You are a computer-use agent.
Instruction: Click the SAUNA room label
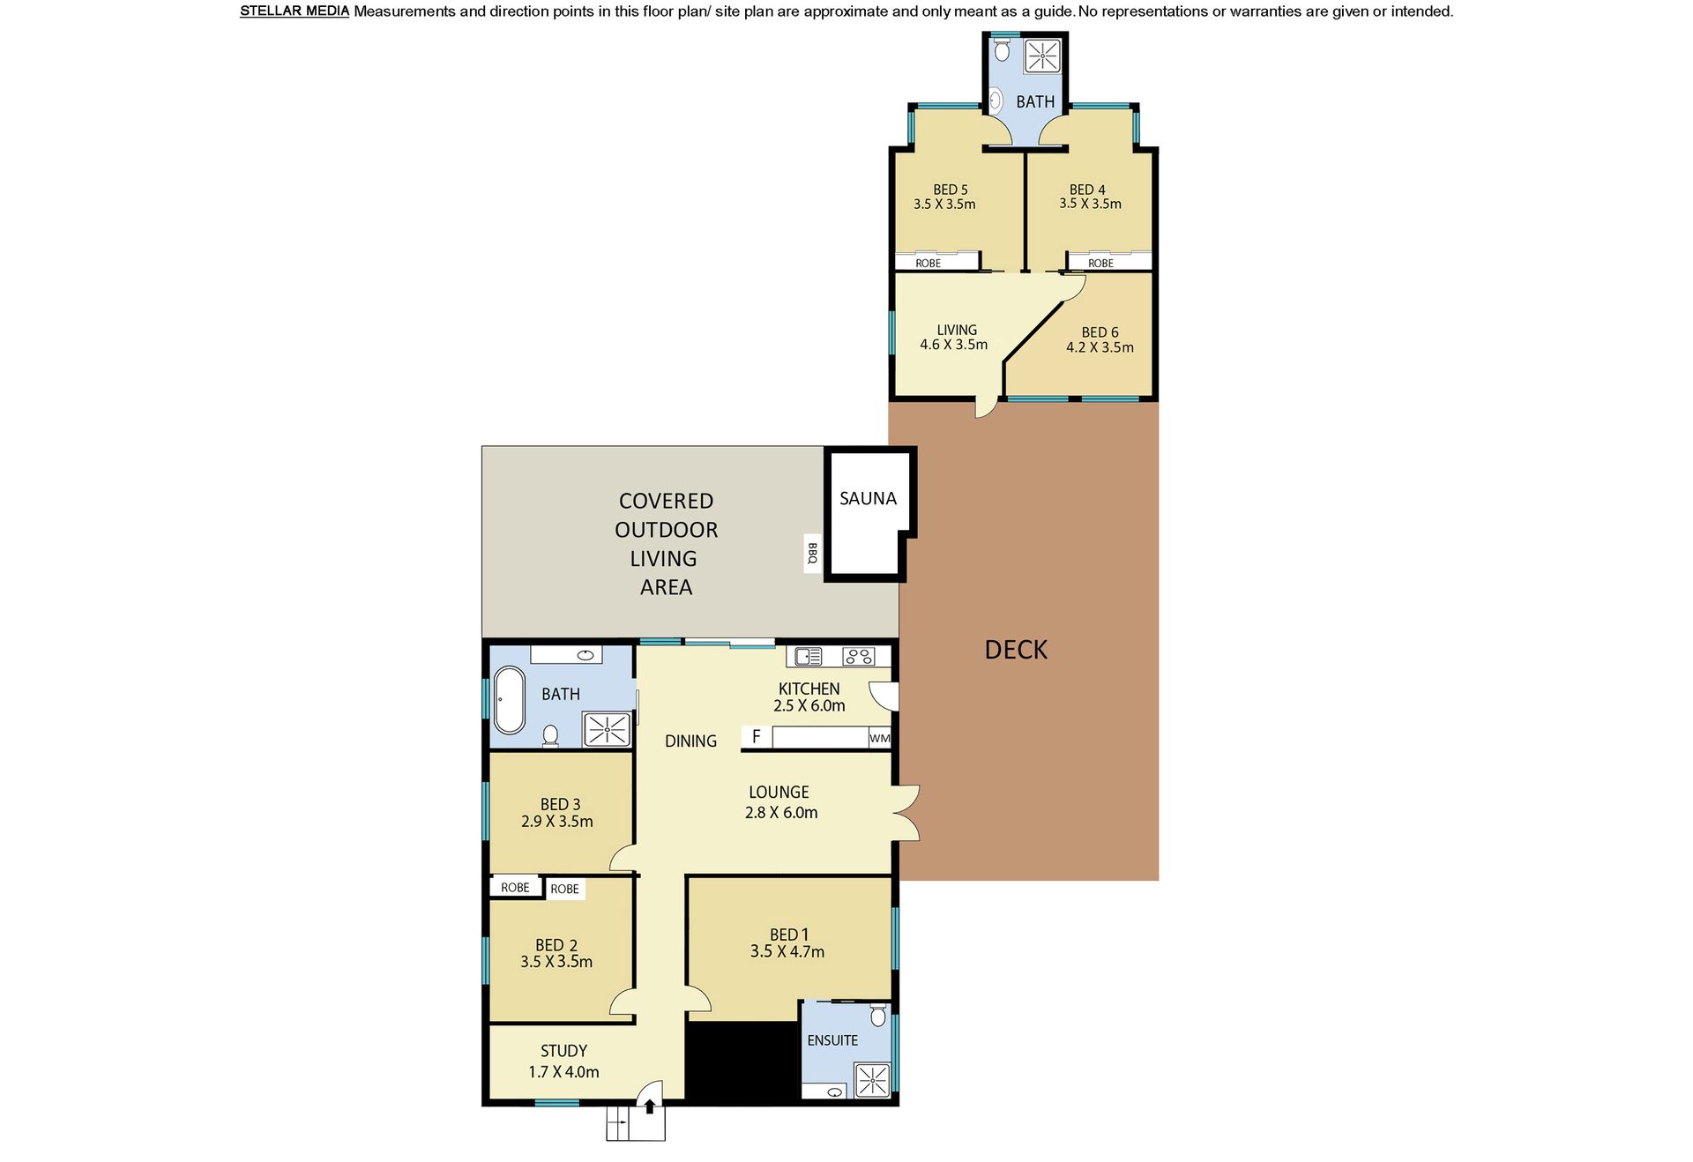tap(868, 499)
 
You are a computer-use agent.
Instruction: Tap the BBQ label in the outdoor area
tap(812, 554)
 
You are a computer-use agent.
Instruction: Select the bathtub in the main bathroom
tap(510, 700)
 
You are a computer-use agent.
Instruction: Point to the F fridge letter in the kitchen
tap(756, 736)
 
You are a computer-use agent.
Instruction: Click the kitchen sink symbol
tap(809, 656)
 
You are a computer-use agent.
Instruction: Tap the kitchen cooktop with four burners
tap(858, 656)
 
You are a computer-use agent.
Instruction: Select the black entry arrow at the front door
tap(650, 1106)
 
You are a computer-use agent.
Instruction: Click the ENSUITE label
tap(832, 1040)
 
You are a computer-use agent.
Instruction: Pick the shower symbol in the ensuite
tap(872, 1080)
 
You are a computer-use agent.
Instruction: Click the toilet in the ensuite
tap(877, 1016)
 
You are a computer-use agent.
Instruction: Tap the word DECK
tap(1016, 650)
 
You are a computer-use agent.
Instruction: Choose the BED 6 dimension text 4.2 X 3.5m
tap(1100, 347)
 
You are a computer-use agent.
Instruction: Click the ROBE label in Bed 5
tap(928, 263)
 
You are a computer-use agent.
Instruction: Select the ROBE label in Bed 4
tap(1100, 263)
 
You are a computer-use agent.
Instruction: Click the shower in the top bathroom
tap(1042, 56)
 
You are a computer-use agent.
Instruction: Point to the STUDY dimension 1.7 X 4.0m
tap(563, 1072)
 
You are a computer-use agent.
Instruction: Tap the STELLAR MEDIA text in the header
tap(295, 11)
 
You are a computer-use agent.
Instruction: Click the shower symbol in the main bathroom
tap(608, 730)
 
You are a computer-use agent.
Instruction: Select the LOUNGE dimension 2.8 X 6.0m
tap(781, 813)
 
